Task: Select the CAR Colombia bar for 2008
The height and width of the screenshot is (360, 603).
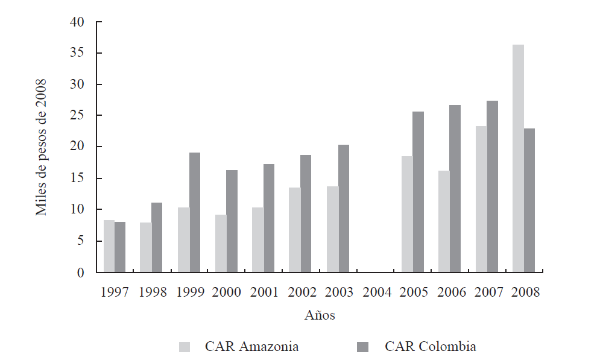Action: pos(529,200)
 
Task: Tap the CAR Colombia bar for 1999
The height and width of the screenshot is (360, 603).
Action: pos(195,212)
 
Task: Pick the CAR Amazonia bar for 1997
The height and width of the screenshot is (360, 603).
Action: pos(109,246)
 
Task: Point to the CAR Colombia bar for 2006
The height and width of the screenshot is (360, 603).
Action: pos(455,189)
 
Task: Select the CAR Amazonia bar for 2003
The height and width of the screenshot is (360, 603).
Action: pos(332,229)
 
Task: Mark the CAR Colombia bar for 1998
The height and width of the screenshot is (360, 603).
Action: pos(157,237)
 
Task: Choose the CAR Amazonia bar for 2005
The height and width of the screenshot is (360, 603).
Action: pos(407,214)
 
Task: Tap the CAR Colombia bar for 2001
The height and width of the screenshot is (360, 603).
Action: pos(269,218)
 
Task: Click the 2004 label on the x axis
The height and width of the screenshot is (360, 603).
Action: pos(377,292)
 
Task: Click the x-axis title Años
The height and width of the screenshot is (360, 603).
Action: pos(320,315)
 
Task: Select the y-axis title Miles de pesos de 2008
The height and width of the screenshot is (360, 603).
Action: pos(41,147)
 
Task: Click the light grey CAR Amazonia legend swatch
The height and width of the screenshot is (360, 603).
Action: pos(185,347)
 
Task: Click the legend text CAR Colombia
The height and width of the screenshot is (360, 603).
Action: pos(430,347)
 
